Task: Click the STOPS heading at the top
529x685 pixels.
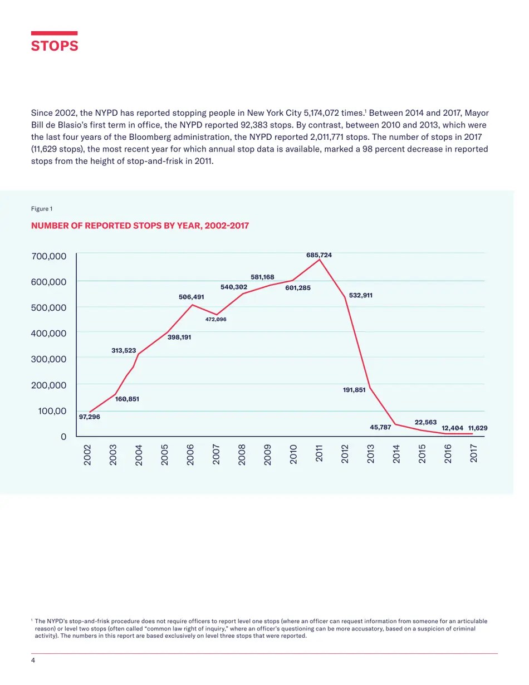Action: [x=55, y=46]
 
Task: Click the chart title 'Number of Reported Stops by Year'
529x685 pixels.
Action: [x=140, y=226]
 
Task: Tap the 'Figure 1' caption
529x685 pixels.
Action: [x=42, y=209]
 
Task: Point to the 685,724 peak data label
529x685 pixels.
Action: [x=319, y=255]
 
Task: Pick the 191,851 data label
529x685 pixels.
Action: [x=354, y=390]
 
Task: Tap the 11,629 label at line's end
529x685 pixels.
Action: [x=478, y=428]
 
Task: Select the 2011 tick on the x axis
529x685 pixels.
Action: [x=319, y=454]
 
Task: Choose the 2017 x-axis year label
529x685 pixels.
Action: [x=473, y=454]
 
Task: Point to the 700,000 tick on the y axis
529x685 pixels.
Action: [x=49, y=256]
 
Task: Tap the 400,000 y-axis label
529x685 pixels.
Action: [x=49, y=333]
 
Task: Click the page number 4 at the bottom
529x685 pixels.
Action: [x=33, y=660]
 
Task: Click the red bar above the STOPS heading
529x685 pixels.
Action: [x=54, y=33]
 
